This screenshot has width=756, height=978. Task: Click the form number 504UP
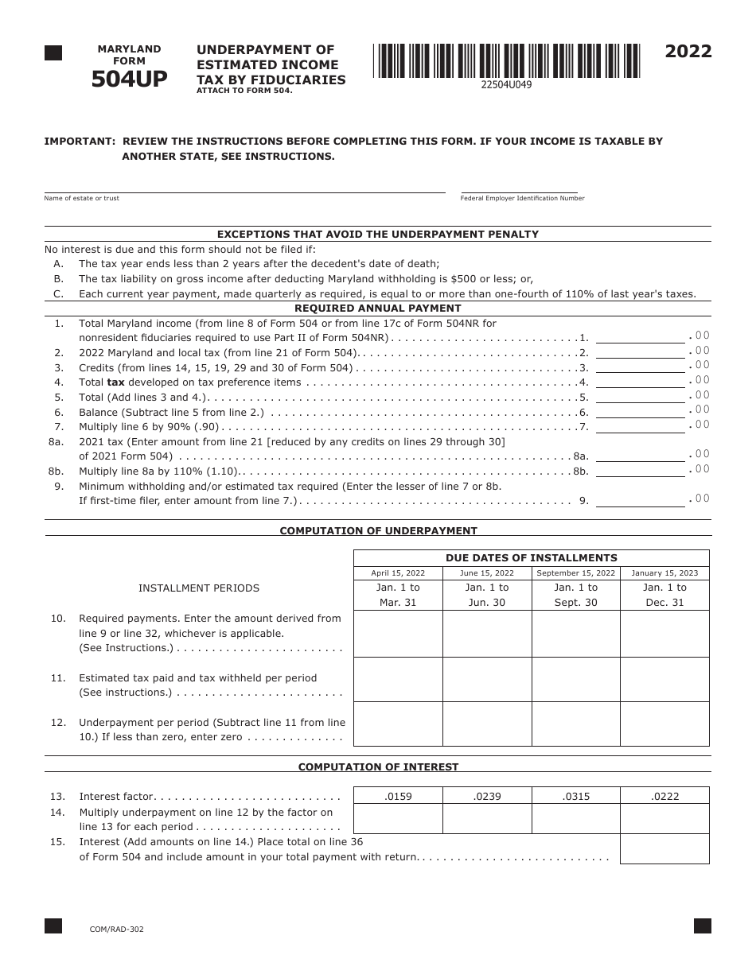pos(129,79)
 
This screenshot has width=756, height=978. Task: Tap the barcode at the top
pos(506,60)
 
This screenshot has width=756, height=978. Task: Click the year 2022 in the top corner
pos(688,52)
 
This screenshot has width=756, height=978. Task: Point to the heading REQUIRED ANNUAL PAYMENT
pos(378,309)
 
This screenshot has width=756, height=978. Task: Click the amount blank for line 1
pos(640,336)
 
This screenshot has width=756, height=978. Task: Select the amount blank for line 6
pos(640,411)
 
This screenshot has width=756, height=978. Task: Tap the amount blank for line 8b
pos(640,470)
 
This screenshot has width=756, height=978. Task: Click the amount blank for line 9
pos(640,500)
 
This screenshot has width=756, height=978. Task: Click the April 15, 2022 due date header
pos(398,573)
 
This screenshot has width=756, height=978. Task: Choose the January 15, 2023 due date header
pos(664,573)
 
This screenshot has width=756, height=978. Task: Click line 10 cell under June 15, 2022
pos(487,634)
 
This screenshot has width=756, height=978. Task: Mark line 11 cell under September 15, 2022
pos(576,679)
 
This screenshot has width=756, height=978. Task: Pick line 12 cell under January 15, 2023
pos(664,724)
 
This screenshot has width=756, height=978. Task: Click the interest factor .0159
pos(398,796)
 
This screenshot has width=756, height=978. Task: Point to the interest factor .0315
pos(576,796)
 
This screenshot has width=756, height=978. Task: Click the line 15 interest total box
pos(664,848)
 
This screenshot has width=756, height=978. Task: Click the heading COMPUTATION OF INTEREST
pos(378,767)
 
